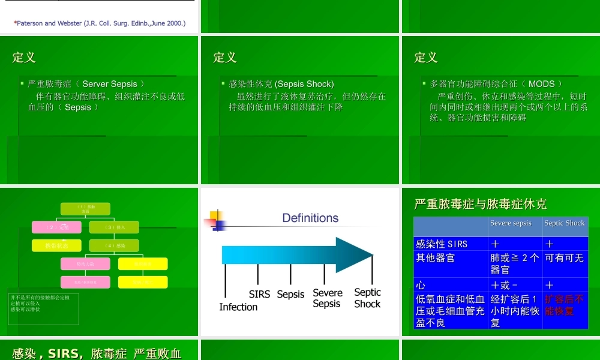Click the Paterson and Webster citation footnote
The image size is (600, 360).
pyautogui.click(x=100, y=23)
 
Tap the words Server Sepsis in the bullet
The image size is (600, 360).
pyautogui.click(x=110, y=84)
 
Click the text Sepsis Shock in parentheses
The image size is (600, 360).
pyautogui.click(x=306, y=84)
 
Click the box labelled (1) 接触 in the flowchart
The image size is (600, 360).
pyautogui.click(x=85, y=209)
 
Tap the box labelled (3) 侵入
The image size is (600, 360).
pyautogui.click(x=114, y=227)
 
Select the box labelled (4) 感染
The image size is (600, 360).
pyautogui.click(x=114, y=245)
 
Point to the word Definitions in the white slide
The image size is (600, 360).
pyautogui.click(x=310, y=218)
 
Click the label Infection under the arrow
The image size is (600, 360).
pyautogui.click(x=238, y=307)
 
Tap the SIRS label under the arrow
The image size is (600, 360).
pyautogui.click(x=259, y=294)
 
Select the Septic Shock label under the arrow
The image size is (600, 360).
pyautogui.click(x=367, y=298)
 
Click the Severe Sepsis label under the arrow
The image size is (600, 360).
pyautogui.click(x=328, y=298)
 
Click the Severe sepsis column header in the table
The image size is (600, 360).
pyautogui.click(x=511, y=223)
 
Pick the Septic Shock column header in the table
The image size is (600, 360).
pyautogui.click(x=564, y=223)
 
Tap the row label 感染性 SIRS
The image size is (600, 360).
pyautogui.click(x=442, y=244)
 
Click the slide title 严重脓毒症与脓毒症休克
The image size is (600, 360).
pyautogui.click(x=480, y=204)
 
